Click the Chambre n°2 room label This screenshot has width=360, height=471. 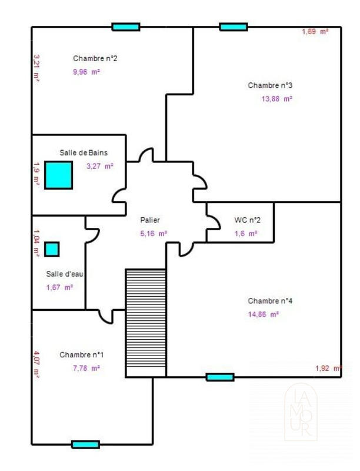[x=95, y=58]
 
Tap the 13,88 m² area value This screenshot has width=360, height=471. [x=276, y=99]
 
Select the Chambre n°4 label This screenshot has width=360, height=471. [x=270, y=300]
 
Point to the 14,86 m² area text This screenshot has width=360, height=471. [x=263, y=314]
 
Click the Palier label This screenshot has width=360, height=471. [x=150, y=220]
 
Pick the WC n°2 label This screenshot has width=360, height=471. [x=247, y=220]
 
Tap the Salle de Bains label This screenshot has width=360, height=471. [x=84, y=152]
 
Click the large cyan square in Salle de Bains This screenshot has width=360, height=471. [x=59, y=175]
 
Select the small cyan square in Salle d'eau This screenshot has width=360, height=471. [x=52, y=249]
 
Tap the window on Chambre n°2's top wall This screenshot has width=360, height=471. [x=126, y=26]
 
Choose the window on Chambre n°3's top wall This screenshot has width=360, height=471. [x=234, y=26]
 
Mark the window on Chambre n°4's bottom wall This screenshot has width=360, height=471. [x=220, y=377]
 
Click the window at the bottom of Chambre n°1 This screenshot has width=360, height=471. [x=85, y=445]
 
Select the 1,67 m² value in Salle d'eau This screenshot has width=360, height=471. [x=59, y=287]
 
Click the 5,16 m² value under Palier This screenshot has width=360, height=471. [x=154, y=233]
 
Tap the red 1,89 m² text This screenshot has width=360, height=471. [x=315, y=32]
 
